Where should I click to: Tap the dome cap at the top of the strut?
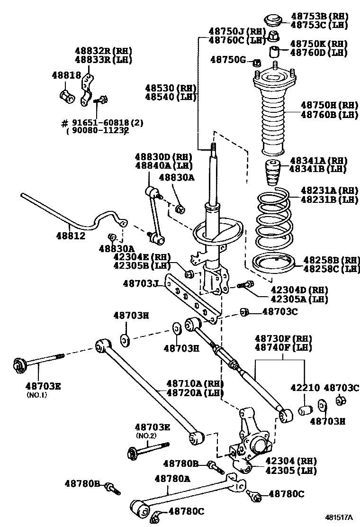pyautogui.click(x=273, y=20)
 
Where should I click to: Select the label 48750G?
pyautogui.click(x=228, y=59)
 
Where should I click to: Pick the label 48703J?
pyautogui.click(x=140, y=283)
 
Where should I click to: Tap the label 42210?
pyautogui.click(x=308, y=387)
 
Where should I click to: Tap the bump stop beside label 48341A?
pyautogui.click(x=272, y=175)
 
